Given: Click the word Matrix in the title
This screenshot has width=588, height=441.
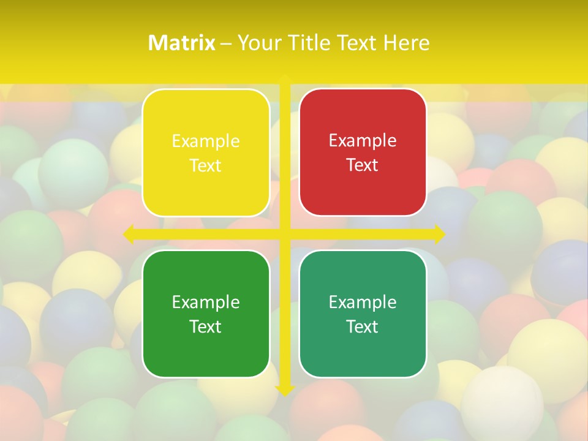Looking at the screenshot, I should tap(182, 43).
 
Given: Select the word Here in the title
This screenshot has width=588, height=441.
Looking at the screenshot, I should tap(407, 43).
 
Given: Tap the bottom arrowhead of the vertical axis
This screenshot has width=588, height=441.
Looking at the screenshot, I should tap(285, 390).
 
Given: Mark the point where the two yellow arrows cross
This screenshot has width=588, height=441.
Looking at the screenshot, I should tap(285, 234).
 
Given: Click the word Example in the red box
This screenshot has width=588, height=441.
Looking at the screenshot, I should tap(363, 141).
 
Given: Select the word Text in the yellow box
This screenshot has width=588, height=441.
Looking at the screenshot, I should tap(206, 166).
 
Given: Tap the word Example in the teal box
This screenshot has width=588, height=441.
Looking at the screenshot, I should tap(363, 302).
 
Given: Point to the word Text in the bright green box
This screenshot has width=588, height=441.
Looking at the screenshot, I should tap(206, 327).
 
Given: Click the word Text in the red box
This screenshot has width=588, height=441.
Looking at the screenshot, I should tap(363, 165).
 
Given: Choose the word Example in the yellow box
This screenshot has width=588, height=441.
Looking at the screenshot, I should tap(206, 141).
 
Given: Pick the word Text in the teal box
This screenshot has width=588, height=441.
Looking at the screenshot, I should tap(363, 327).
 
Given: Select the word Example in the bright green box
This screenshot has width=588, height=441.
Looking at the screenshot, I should tap(206, 302).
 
